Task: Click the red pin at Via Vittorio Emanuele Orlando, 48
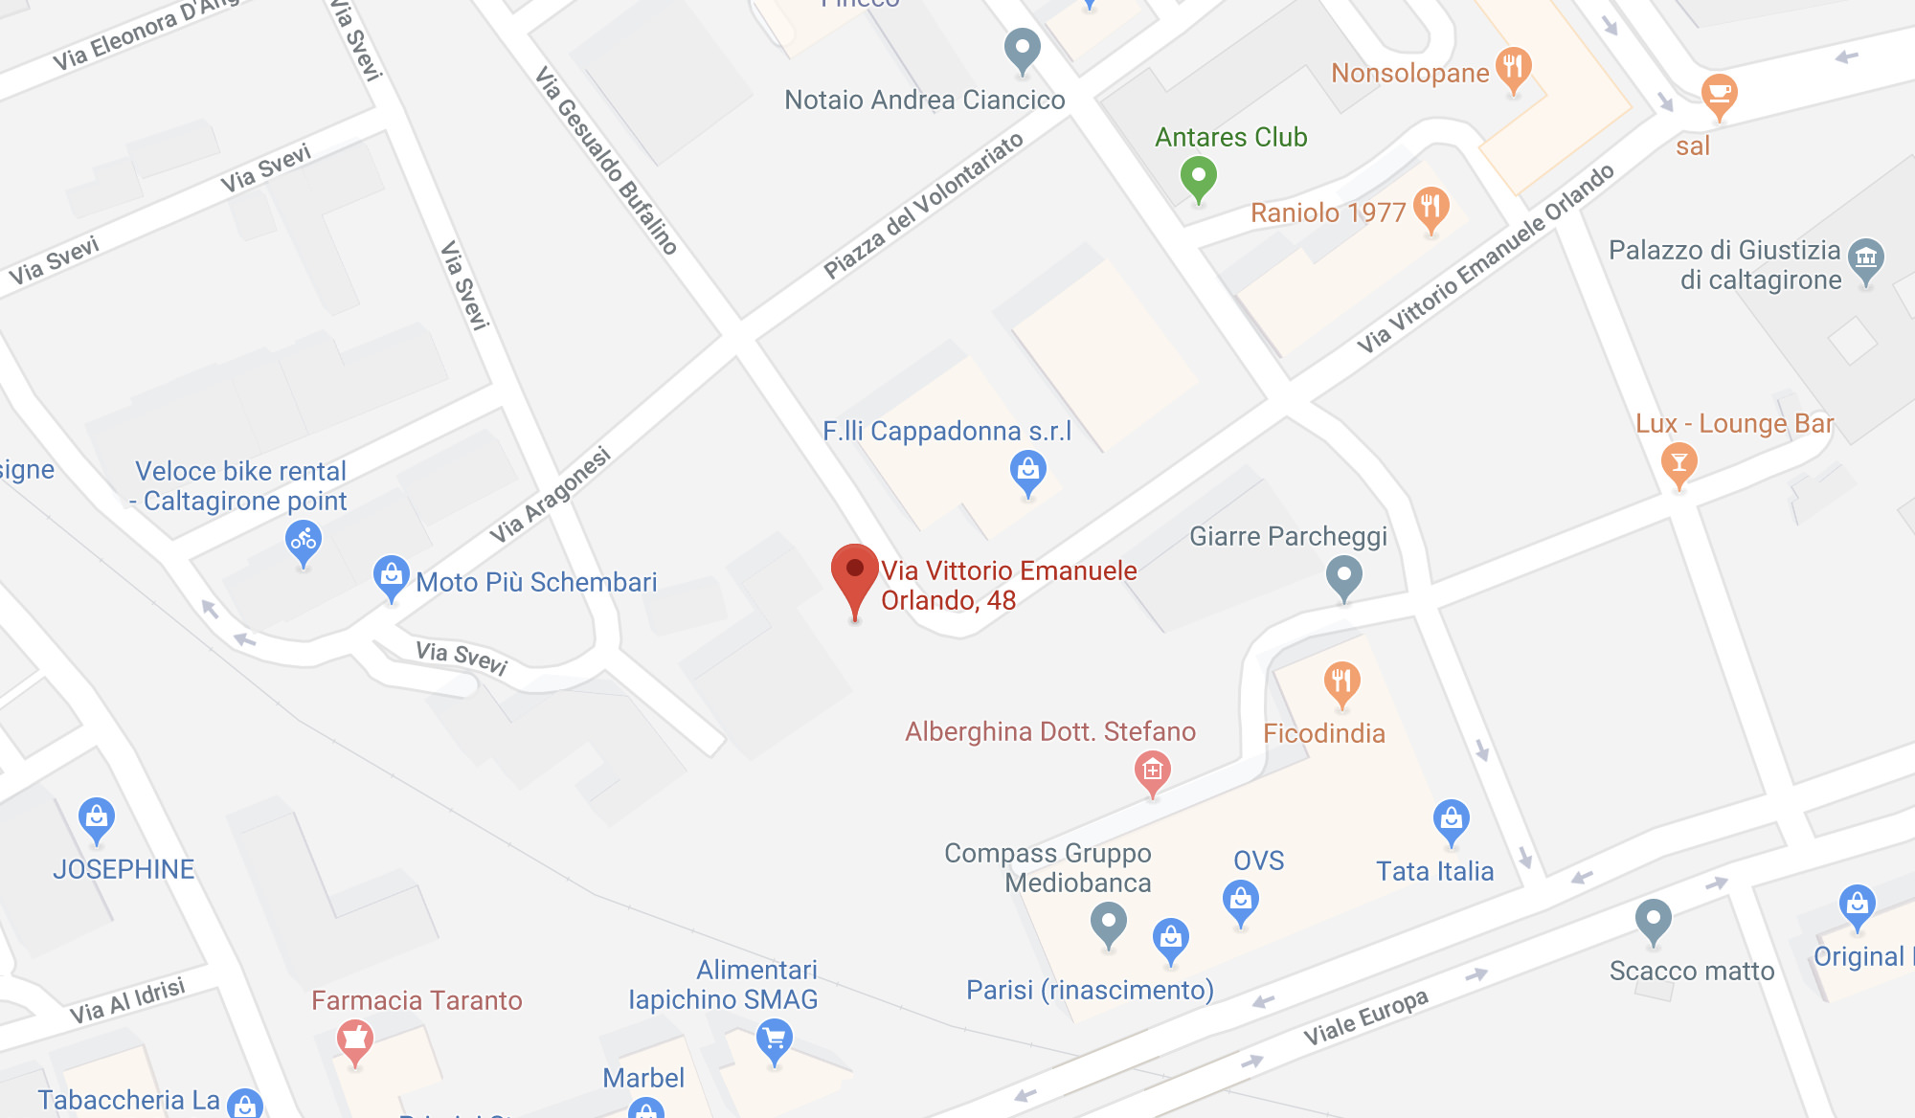[855, 572]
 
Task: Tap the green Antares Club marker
[1198, 176]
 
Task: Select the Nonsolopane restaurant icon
[1513, 67]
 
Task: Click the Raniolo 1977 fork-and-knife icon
[1431, 206]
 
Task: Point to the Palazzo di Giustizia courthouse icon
[1865, 257]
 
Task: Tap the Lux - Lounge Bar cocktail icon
[1678, 463]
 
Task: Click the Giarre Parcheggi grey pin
[1343, 576]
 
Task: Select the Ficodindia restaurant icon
[1341, 682]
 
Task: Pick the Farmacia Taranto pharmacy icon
[354, 1039]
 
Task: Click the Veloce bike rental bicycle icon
[304, 541]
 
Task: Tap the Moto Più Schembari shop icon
[391, 575]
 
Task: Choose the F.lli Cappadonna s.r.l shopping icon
[1027, 471]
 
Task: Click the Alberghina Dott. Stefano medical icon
[1152, 771]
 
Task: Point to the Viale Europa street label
[1365, 1017]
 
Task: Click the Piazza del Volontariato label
[923, 206]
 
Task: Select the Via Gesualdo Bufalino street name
[606, 160]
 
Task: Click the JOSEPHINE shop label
[124, 869]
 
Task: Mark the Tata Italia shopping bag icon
[1451, 819]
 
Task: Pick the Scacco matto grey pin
[1653, 920]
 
